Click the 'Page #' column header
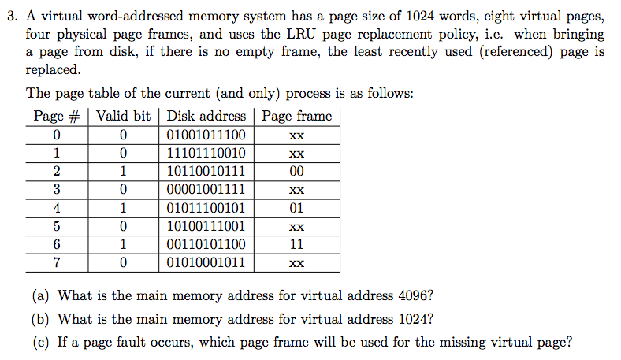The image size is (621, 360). (60, 116)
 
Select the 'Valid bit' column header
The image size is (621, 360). (123, 116)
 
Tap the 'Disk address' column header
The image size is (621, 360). (206, 116)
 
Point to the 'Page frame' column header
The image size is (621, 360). (296, 116)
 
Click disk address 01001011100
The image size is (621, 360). (206, 135)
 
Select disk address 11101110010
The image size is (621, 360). (206, 153)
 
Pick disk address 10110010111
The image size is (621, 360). (206, 171)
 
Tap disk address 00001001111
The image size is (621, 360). (206, 190)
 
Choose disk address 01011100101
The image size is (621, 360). (206, 208)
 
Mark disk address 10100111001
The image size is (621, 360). (206, 226)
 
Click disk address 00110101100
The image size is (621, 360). (206, 244)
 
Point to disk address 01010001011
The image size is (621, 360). (206, 263)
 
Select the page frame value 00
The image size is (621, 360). (296, 171)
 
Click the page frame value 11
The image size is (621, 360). (296, 244)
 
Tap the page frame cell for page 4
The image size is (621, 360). (296, 208)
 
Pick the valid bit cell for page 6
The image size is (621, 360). (123, 244)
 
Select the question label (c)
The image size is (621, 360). (41, 342)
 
